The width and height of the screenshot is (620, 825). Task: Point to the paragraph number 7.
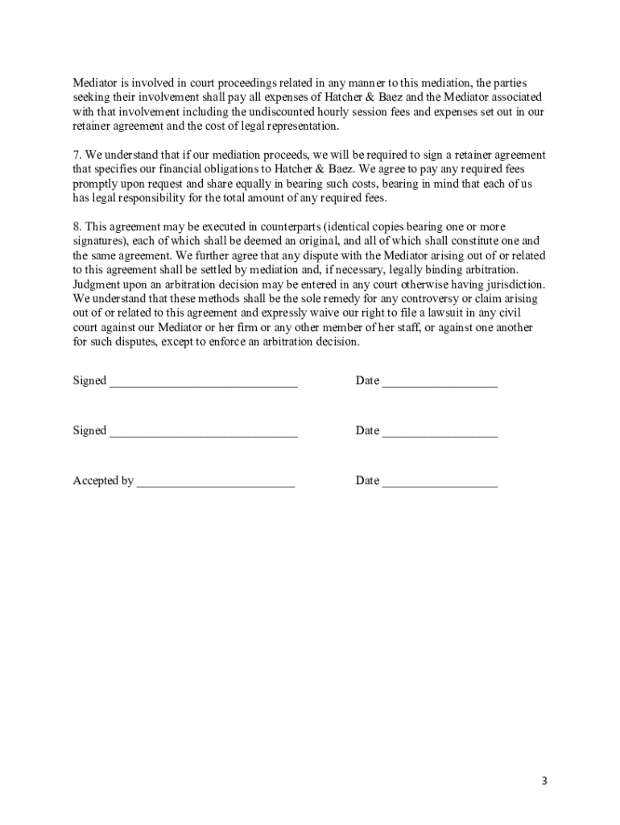point(76,155)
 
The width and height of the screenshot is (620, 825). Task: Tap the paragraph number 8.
point(76,227)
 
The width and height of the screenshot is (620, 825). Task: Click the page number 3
point(544,781)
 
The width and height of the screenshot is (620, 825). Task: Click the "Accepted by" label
point(103,481)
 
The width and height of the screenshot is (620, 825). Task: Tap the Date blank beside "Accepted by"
point(440,484)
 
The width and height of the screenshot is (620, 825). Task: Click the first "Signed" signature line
point(203,384)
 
